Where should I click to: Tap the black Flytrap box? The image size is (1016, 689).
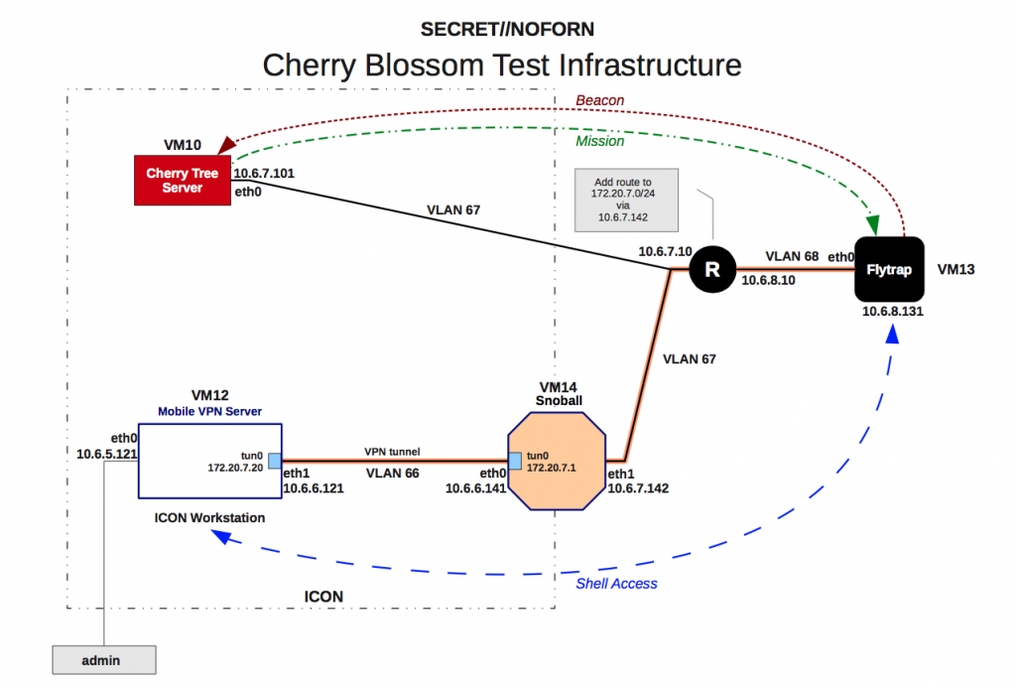pos(890,269)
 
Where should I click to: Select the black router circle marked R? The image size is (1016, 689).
pos(711,269)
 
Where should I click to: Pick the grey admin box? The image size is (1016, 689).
pos(104,658)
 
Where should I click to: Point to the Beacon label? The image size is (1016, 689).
pos(600,100)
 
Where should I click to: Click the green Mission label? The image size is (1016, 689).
pos(600,141)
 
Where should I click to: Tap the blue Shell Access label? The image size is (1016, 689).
pos(616,584)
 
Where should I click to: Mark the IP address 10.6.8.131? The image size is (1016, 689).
pos(891,312)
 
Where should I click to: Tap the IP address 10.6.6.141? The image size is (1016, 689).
pos(476,487)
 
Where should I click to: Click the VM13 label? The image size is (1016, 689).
pos(957,268)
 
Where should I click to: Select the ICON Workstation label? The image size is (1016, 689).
pos(209,517)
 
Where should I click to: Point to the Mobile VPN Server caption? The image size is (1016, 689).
pos(209,410)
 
